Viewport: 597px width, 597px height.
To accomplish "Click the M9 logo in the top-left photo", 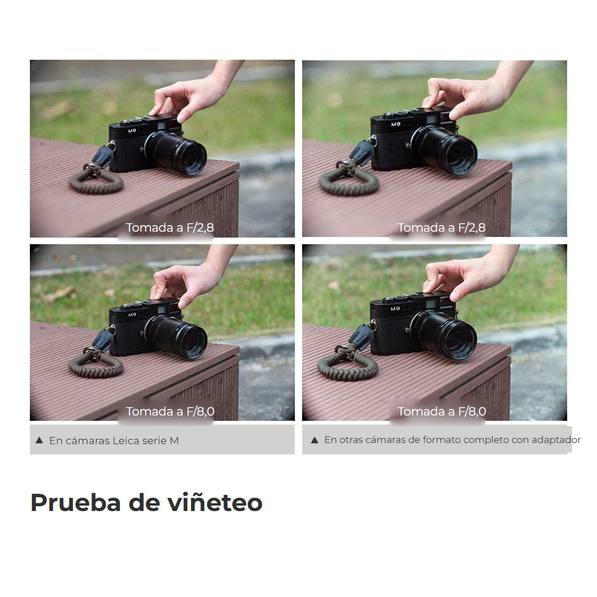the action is click(132, 131).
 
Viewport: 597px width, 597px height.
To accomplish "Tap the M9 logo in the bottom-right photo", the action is click(395, 309).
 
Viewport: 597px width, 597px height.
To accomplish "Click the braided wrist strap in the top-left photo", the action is click(96, 179).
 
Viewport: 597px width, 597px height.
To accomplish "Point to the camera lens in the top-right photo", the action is click(449, 150).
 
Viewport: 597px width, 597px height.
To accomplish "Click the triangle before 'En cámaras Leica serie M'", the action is click(39, 441).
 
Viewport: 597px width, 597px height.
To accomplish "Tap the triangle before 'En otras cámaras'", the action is click(315, 440).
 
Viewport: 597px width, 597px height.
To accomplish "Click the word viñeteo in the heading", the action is click(215, 503).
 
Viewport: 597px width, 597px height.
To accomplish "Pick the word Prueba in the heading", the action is click(76, 503).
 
